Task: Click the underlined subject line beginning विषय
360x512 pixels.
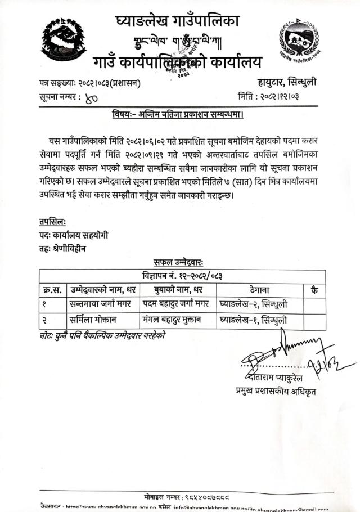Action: click(179, 115)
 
